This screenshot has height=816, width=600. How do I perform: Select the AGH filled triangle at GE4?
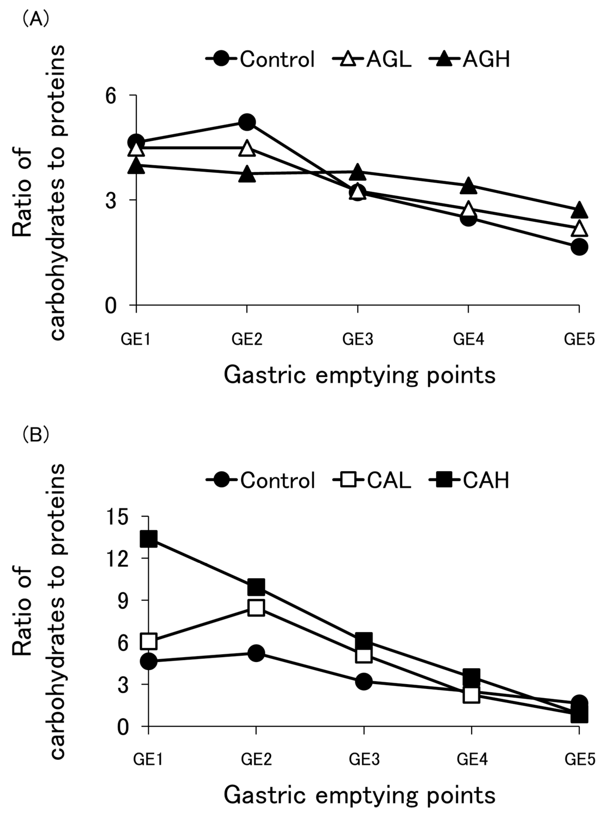pyautogui.click(x=468, y=186)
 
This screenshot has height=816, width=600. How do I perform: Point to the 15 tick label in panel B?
pyautogui.click(x=118, y=517)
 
